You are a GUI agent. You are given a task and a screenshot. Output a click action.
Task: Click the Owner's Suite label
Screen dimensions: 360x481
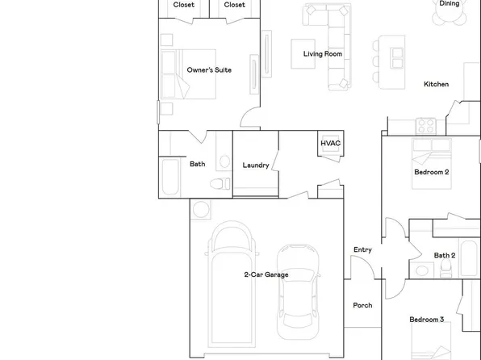click(209, 70)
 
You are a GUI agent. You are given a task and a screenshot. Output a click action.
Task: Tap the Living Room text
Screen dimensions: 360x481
click(323, 54)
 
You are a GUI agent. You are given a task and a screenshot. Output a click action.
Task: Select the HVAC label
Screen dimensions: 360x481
click(331, 144)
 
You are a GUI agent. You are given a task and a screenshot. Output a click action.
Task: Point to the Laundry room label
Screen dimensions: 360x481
click(256, 165)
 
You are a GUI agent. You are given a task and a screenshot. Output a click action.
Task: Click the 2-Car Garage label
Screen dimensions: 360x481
click(266, 274)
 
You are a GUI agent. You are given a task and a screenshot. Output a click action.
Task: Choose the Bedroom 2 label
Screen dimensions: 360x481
click(432, 172)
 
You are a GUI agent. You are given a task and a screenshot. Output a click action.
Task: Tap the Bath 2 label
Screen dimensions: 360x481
click(445, 256)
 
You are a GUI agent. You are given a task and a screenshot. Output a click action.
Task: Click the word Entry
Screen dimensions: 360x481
click(363, 250)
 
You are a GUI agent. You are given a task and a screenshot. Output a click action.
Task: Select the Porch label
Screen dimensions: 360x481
click(363, 305)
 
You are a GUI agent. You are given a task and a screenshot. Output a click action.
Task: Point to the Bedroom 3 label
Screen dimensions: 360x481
click(427, 320)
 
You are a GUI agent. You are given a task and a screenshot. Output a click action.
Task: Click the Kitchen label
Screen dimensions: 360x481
click(437, 84)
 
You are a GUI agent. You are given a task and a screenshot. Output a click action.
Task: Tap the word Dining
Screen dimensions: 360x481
click(450, 4)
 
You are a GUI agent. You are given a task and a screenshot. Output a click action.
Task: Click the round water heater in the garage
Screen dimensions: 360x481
click(201, 210)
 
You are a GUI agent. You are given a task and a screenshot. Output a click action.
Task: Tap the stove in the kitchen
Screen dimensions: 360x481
click(427, 126)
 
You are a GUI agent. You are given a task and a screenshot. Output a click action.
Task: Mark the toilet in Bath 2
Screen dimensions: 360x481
click(423, 270)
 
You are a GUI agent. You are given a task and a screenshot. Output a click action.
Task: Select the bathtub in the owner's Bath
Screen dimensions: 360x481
click(169, 178)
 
